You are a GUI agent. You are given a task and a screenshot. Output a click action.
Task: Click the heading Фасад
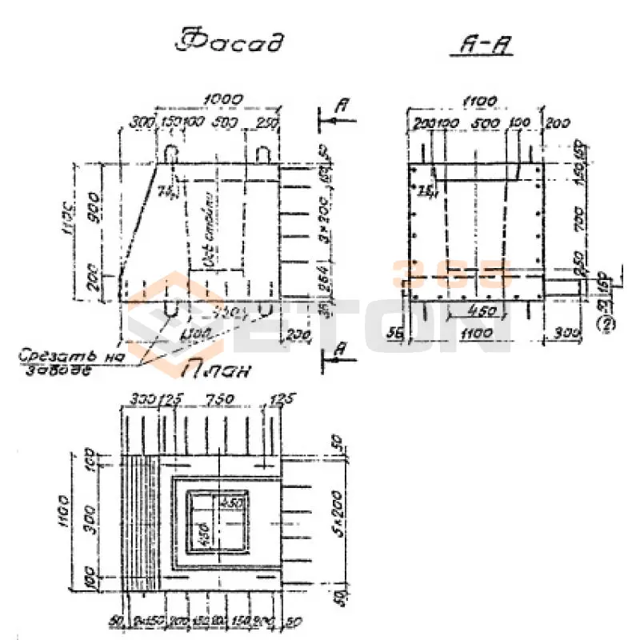230,42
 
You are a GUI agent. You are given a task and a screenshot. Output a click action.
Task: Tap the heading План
218,370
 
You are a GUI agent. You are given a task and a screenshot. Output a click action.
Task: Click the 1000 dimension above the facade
223,98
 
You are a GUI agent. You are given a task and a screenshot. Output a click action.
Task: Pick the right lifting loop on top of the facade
266,152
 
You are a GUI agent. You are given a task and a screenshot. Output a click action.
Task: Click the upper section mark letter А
342,104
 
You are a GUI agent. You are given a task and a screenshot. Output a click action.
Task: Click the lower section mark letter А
342,349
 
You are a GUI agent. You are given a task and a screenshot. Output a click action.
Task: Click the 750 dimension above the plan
214,399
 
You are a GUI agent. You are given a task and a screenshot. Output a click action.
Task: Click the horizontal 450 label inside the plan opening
232,503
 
